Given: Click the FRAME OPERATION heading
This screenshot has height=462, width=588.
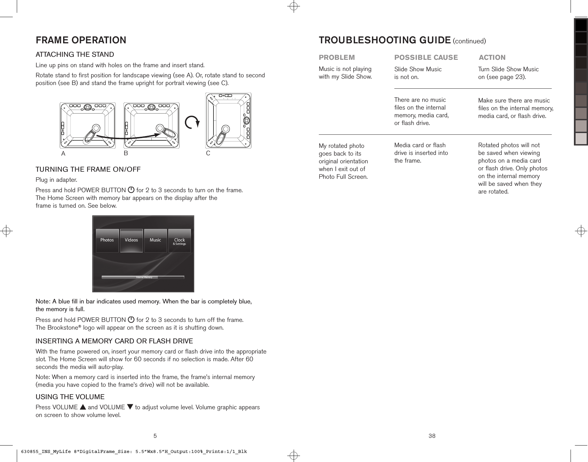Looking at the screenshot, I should [x=81, y=40].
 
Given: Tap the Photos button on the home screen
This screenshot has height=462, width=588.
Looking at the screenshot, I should [x=107, y=240].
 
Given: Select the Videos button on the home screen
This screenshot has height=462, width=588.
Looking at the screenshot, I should [x=131, y=240].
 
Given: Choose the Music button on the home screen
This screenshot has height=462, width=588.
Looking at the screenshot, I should [x=155, y=240].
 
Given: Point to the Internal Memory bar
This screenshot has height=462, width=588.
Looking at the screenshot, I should [x=143, y=277].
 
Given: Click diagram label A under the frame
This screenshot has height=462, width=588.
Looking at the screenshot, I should [x=63, y=154].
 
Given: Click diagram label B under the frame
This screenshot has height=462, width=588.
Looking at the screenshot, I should [x=126, y=153].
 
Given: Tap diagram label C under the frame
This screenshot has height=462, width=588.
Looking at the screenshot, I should [x=208, y=153].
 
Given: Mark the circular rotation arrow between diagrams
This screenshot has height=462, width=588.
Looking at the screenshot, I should [x=192, y=123].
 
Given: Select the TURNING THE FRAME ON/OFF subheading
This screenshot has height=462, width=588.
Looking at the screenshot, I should [x=88, y=169].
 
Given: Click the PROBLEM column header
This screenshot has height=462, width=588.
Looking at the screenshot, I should [x=337, y=57].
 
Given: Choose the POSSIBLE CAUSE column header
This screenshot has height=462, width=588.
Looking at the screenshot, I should [x=426, y=57].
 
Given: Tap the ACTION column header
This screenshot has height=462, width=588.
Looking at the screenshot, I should [x=492, y=57].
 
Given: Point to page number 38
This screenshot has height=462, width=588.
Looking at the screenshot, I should [x=432, y=436].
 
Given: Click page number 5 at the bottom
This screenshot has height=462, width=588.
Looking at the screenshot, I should [x=155, y=436].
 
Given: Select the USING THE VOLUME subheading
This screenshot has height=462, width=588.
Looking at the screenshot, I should [x=70, y=397].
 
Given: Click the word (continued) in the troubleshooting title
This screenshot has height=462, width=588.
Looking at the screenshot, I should [x=469, y=41].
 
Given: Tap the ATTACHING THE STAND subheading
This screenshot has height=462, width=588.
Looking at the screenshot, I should [x=75, y=54].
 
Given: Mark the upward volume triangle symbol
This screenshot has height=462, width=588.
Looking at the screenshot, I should [x=83, y=408].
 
